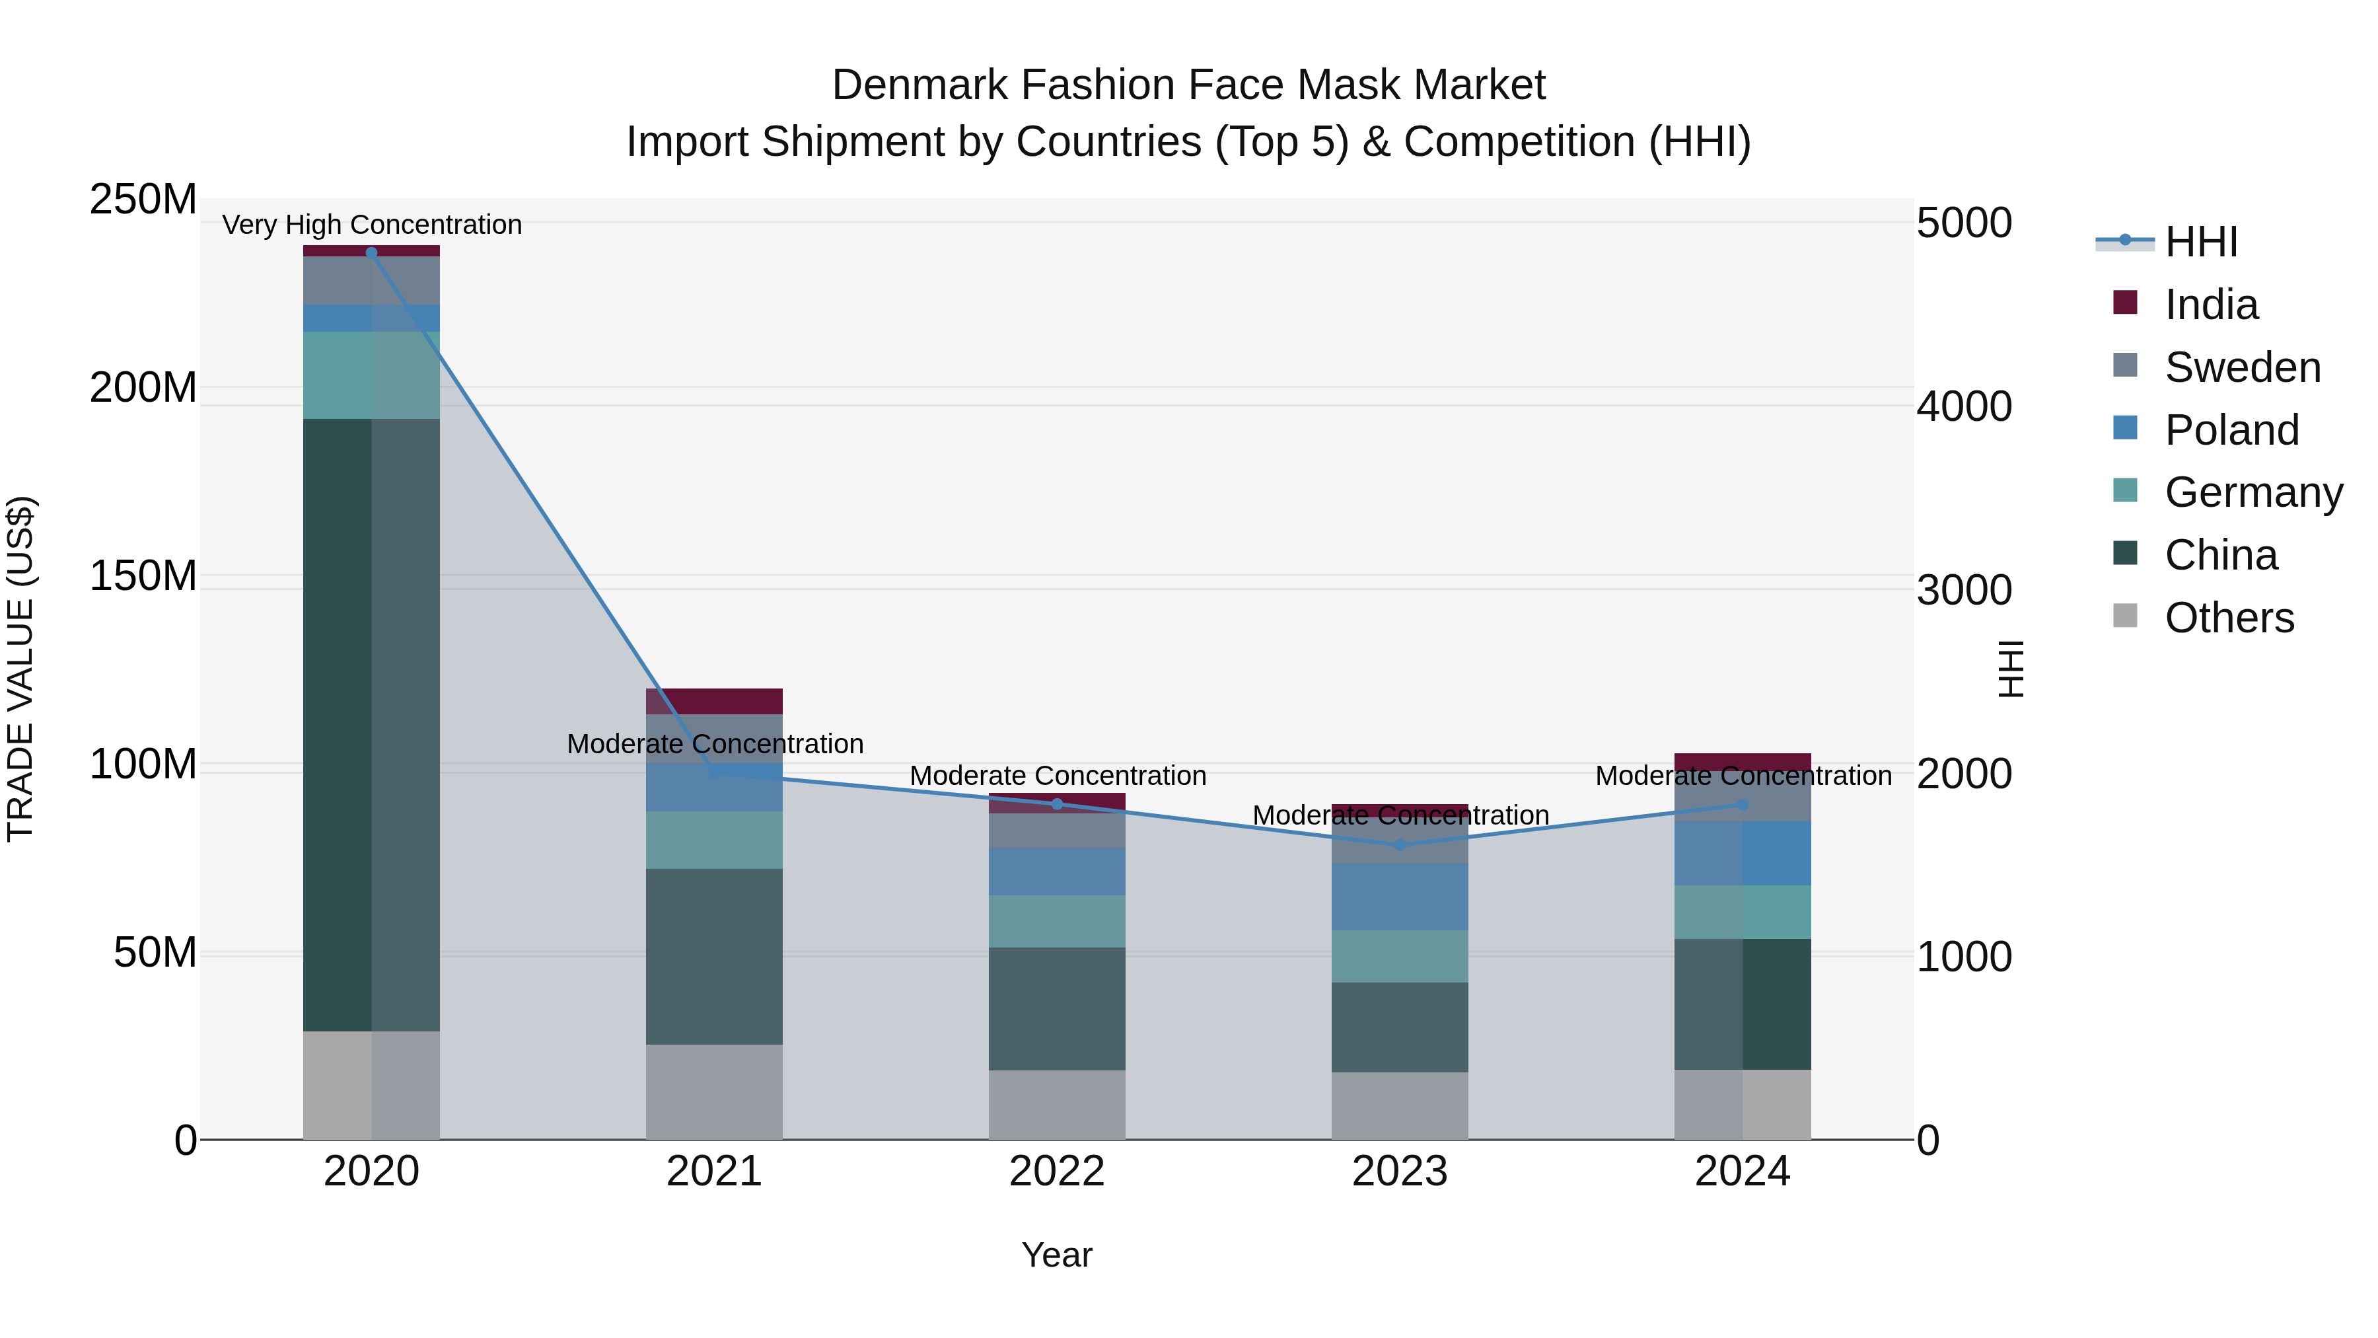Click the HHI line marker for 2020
372,252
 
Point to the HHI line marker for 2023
1400,845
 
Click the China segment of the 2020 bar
371,725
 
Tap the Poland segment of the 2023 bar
1400,897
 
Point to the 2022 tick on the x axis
1057,1171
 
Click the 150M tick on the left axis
143,576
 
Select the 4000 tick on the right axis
1964,406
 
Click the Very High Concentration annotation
372,225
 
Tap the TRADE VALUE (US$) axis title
20,669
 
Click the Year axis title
1057,1255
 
